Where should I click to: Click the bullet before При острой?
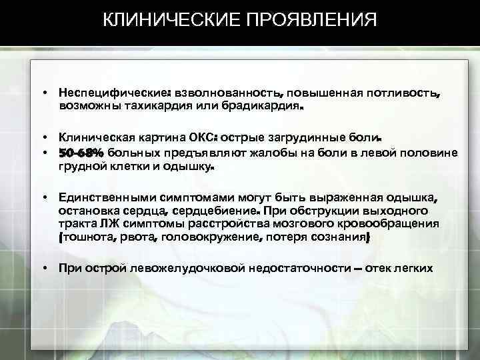tap(42, 268)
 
